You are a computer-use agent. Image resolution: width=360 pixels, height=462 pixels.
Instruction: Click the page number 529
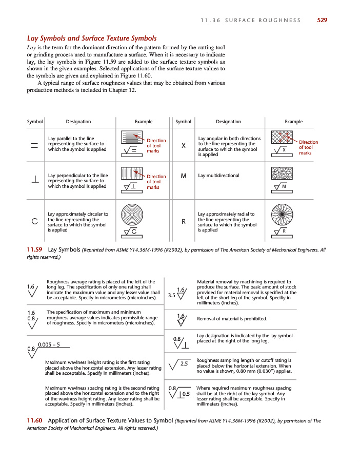(322, 20)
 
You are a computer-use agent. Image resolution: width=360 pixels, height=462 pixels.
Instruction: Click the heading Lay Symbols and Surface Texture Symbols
(91, 38)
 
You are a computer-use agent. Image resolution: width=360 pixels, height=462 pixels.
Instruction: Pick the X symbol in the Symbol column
(184, 146)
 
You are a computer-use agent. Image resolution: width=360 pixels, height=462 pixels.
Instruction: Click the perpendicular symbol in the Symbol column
(35, 180)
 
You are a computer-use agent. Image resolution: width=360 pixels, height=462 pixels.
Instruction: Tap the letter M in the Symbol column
(184, 176)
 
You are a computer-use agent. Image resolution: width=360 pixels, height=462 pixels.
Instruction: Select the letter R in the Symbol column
(184, 222)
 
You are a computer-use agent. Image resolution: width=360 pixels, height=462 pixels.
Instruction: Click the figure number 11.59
(34, 250)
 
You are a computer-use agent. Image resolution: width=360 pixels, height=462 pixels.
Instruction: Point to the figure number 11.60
(34, 421)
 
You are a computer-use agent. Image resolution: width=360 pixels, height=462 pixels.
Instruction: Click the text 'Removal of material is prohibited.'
(232, 319)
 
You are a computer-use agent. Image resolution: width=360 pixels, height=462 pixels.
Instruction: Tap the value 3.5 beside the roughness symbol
(171, 295)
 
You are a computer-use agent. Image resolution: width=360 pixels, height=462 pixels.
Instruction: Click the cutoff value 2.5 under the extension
(185, 363)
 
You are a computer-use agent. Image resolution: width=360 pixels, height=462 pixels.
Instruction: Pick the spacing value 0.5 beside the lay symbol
(186, 394)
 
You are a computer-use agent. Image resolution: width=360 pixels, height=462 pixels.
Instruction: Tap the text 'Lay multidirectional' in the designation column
(218, 176)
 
